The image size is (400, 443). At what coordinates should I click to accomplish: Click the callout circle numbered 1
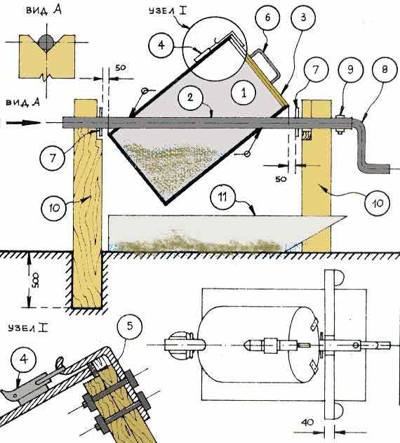click(244, 93)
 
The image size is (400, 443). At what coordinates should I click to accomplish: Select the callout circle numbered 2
click(190, 98)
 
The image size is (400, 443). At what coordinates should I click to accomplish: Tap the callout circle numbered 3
click(302, 18)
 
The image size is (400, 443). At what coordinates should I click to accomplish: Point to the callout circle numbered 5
click(130, 326)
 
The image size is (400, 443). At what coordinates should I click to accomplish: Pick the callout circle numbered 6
click(267, 18)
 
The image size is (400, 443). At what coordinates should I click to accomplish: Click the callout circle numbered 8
click(385, 70)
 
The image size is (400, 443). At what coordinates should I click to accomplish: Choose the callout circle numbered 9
click(351, 70)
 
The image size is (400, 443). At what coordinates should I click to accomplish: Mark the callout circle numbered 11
click(223, 197)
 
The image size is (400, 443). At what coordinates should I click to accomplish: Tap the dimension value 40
click(307, 423)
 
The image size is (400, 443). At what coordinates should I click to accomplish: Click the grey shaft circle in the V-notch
click(46, 42)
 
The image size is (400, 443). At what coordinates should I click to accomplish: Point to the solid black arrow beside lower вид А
click(24, 123)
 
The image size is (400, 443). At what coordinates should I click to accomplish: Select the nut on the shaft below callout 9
click(341, 124)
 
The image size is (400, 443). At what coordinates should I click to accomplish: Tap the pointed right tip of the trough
click(346, 217)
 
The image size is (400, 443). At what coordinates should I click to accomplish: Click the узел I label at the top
click(168, 11)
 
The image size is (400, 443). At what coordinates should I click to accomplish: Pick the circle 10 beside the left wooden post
click(53, 208)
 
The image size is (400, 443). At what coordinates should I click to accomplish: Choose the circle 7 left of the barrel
click(53, 158)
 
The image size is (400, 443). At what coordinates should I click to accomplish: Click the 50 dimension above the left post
click(120, 68)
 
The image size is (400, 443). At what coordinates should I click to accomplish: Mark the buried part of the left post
click(87, 279)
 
